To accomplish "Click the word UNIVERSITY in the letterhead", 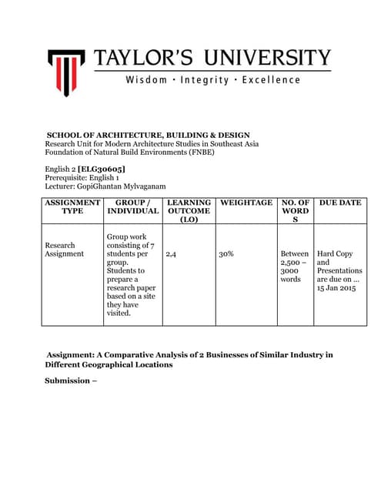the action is click(270, 58).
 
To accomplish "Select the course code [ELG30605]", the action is click(102, 169).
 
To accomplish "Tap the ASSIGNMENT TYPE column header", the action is click(72, 206).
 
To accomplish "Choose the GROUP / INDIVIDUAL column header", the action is click(132, 206).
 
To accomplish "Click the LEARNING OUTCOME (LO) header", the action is click(189, 211).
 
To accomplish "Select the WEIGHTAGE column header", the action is click(246, 203).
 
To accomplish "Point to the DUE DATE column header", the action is click(339, 203).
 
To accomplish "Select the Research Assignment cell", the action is click(65, 249).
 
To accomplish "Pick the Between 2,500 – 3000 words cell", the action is click(295, 267).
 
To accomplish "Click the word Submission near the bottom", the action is click(67, 381).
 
